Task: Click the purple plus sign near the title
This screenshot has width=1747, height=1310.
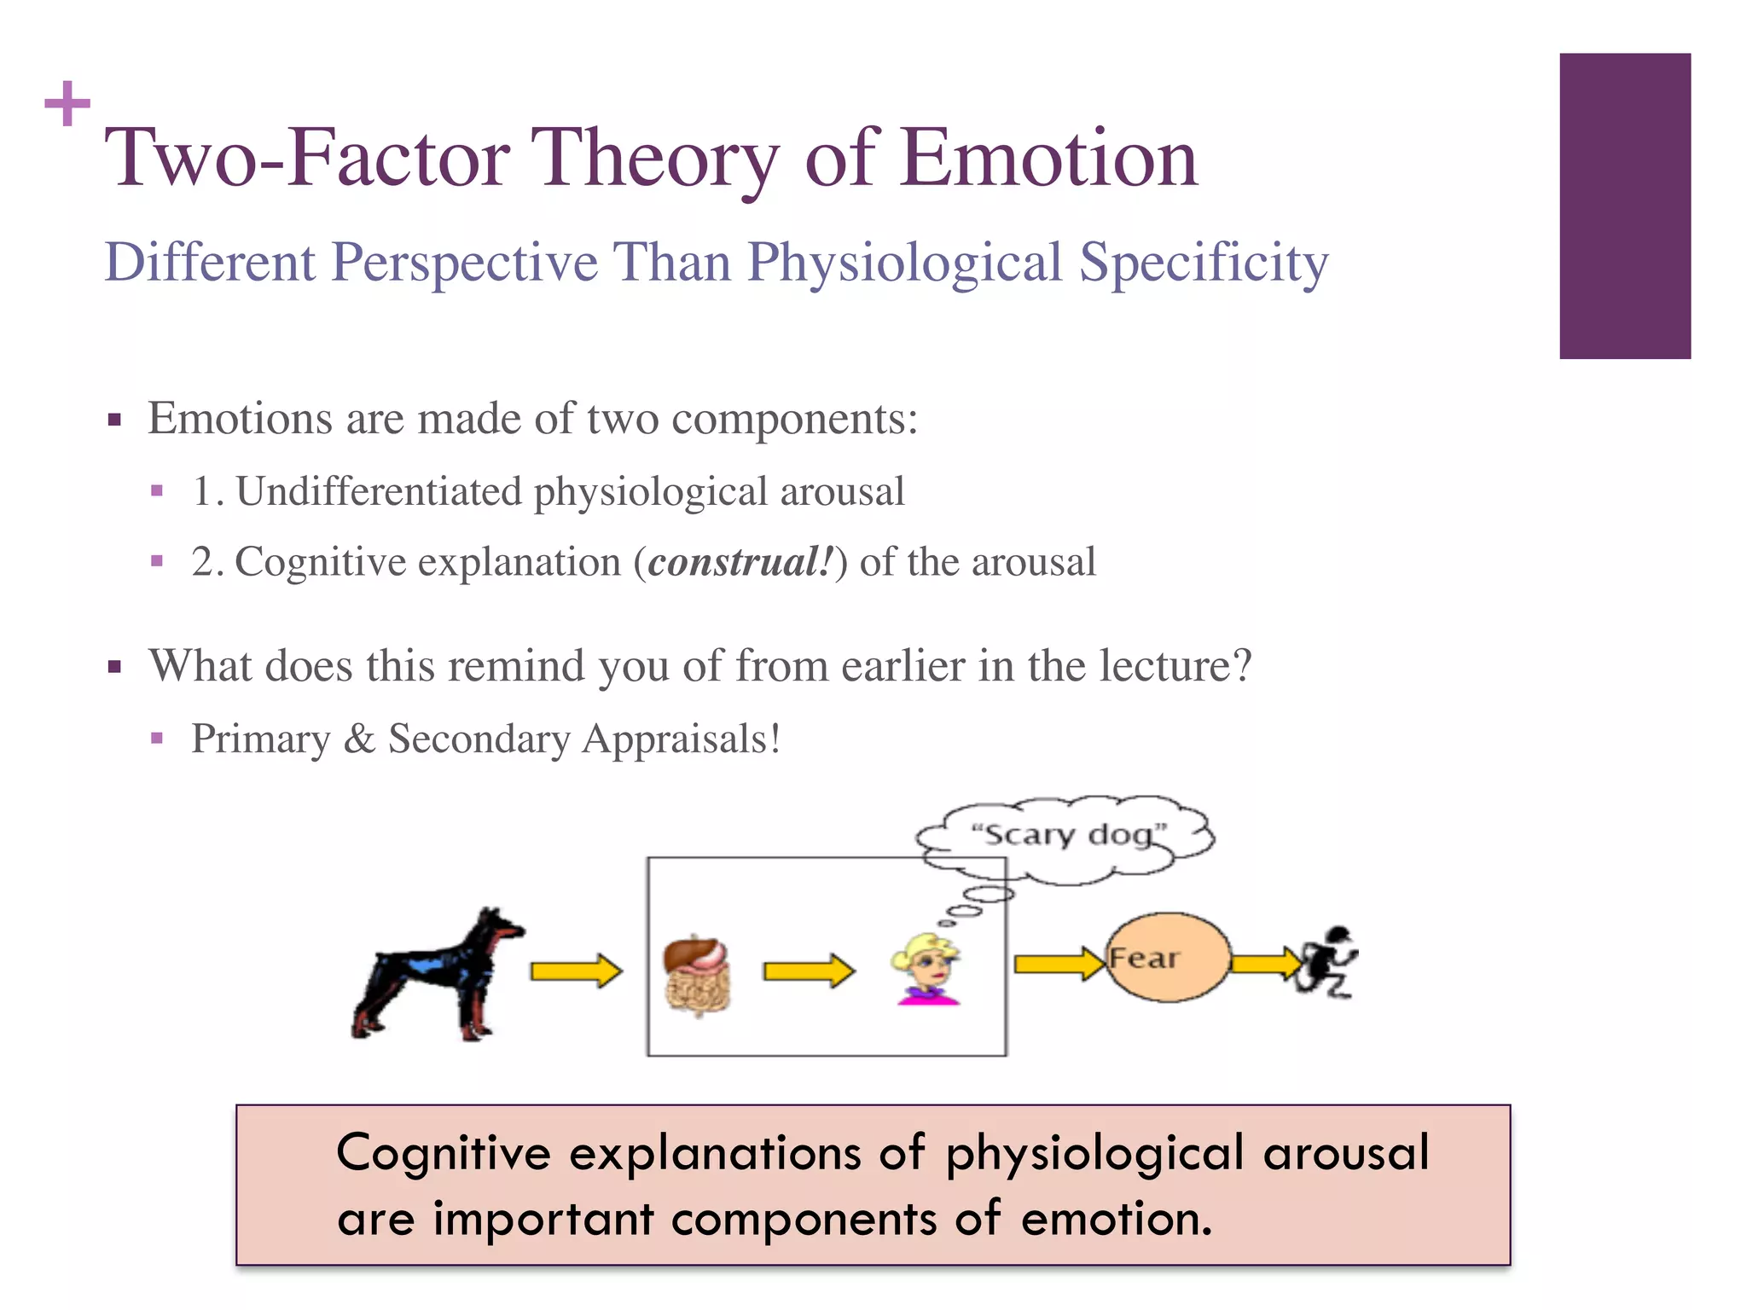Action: pos(67,104)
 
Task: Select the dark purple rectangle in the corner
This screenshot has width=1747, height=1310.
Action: pos(1624,206)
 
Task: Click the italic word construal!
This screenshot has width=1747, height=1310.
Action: pos(740,563)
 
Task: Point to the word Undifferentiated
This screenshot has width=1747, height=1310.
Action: pos(378,492)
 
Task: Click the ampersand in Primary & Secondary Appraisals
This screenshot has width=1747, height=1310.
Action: pos(359,739)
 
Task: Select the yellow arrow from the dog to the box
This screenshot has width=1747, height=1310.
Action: pos(576,971)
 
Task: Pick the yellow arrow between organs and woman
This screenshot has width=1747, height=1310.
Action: pos(808,971)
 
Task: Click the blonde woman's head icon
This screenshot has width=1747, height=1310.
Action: pos(926,968)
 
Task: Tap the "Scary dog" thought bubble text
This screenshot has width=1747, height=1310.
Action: pos(1068,834)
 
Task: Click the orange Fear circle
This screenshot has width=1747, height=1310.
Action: pos(1168,957)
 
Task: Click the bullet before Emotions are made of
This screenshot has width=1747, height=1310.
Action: pos(115,420)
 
